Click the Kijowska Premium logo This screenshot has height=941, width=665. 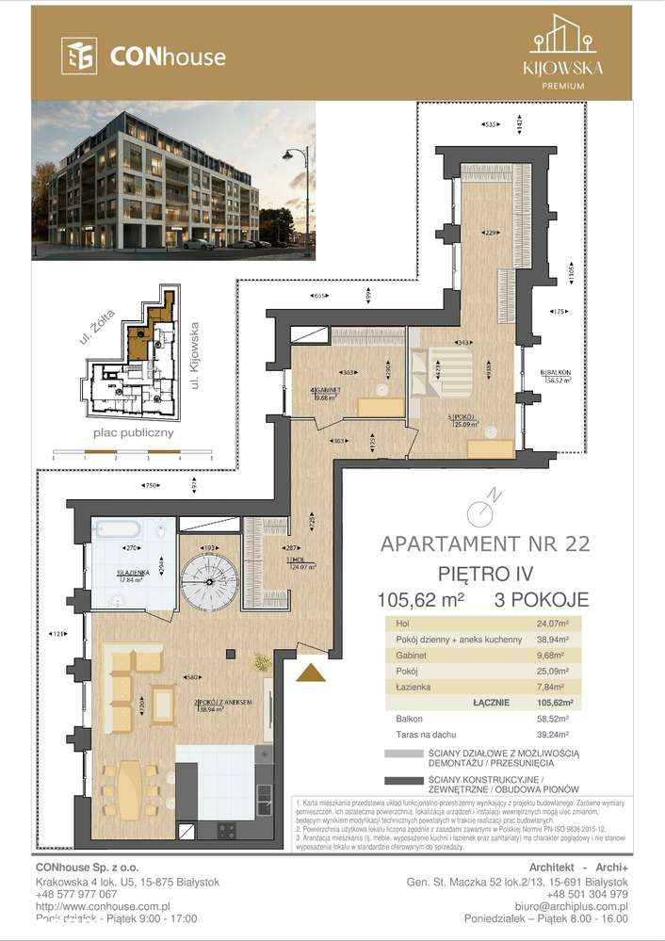tap(562, 52)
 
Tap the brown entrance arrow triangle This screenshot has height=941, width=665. tap(311, 672)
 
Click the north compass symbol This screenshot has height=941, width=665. tap(481, 510)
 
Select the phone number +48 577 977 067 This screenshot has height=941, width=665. tap(70, 894)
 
